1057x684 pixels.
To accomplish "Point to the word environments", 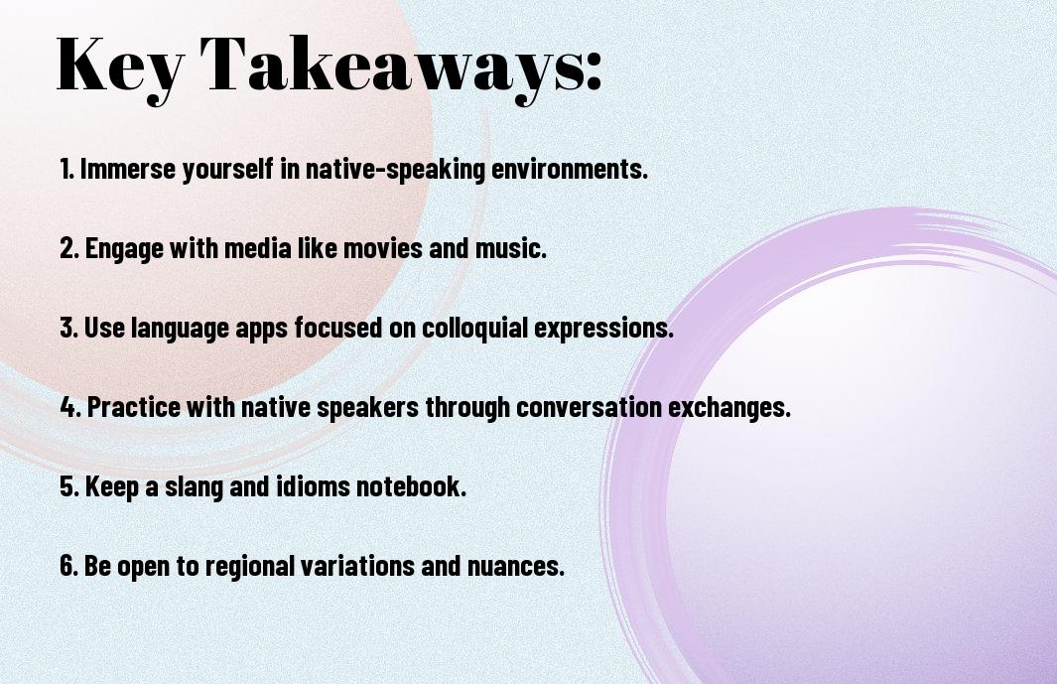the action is [570, 169].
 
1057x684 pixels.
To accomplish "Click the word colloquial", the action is [474, 329].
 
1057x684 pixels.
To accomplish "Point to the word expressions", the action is [604, 329].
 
